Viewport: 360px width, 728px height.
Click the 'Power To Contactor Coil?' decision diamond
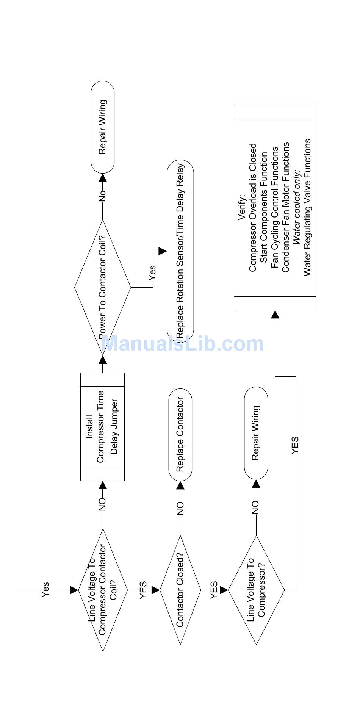[x=103, y=288]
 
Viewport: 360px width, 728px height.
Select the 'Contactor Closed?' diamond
[x=180, y=590]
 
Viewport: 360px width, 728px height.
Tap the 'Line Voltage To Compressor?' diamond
[x=256, y=590]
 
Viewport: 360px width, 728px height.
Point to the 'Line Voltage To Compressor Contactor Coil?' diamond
[x=103, y=590]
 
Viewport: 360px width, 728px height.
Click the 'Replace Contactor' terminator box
[x=180, y=434]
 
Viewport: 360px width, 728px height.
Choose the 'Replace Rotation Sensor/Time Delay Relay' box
[x=180, y=251]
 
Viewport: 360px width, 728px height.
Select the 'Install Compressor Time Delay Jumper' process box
[x=103, y=427]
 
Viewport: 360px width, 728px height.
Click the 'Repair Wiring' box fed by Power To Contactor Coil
[x=103, y=127]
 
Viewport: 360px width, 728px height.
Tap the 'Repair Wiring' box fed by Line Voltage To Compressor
[x=256, y=433]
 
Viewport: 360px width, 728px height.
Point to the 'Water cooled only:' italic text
[x=297, y=207]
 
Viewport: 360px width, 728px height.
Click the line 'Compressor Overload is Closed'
[x=253, y=207]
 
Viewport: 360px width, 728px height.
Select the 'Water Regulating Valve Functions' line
[x=307, y=207]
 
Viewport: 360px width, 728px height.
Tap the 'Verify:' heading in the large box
[x=242, y=207]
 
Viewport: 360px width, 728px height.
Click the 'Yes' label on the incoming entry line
[x=45, y=590]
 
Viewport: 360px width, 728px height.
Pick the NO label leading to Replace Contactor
[x=180, y=508]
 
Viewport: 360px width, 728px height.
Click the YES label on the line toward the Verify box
[x=296, y=445]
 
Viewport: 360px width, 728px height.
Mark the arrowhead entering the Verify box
[x=275, y=314]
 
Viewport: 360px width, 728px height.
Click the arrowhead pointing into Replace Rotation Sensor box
[x=163, y=251]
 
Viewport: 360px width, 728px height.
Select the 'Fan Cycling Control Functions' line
[x=275, y=207]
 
